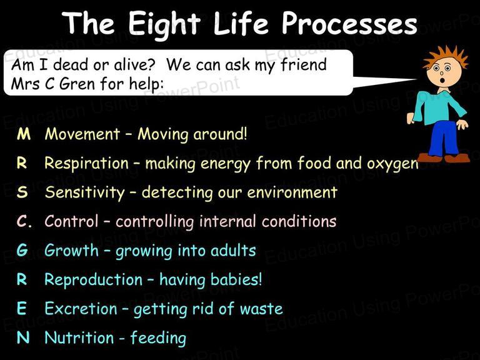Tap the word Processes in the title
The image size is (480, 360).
pyautogui.click(x=349, y=23)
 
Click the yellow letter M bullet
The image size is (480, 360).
pyautogui.click(x=24, y=134)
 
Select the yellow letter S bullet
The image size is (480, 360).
pyautogui.click(x=22, y=192)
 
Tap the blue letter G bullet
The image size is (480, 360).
pyautogui.click(x=22, y=250)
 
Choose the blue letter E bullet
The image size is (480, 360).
pyautogui.click(x=21, y=308)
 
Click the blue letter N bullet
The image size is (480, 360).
pyautogui.click(x=23, y=337)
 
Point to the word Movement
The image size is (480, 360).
pyautogui.click(x=82, y=134)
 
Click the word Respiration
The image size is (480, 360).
pyautogui.click(x=87, y=163)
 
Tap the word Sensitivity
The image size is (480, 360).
pyautogui.click(x=85, y=192)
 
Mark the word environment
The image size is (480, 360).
pyautogui.click(x=292, y=192)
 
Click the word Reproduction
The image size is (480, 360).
pyautogui.click(x=93, y=280)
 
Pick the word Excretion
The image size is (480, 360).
pyautogui.click(x=81, y=308)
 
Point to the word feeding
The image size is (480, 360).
pyautogui.click(x=158, y=338)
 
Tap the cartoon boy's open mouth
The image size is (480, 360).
pyautogui.click(x=442, y=80)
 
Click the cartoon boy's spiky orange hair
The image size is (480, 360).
pyautogui.click(x=446, y=57)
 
